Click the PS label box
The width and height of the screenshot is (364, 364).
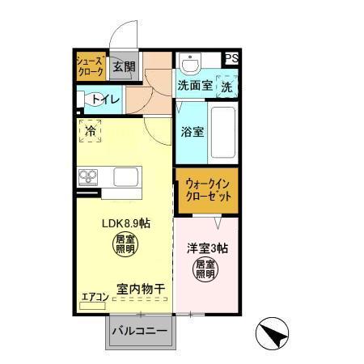pos(231,58)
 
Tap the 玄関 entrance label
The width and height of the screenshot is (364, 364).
pos(123,66)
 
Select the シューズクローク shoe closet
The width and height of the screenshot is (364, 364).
pos(90,66)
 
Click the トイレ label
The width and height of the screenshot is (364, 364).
pos(107,99)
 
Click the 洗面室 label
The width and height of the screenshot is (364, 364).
pos(194,84)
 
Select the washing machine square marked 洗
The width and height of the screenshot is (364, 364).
pos(228,84)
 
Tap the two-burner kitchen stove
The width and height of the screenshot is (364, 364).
pos(88,176)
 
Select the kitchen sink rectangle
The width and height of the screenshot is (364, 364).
pos(127,176)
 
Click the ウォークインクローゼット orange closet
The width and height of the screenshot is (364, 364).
pos(207,190)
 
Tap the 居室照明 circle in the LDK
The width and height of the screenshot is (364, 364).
pos(124,246)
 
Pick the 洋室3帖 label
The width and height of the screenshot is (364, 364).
pos(208,249)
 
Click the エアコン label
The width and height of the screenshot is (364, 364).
pos(95,296)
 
